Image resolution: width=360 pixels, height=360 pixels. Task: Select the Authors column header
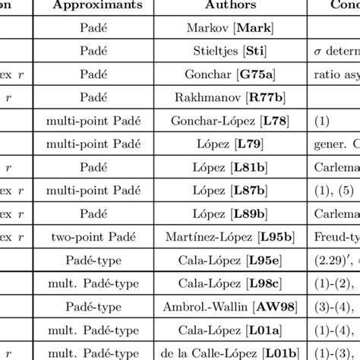coord(226,5)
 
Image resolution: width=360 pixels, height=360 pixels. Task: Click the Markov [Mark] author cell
coord(226,28)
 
